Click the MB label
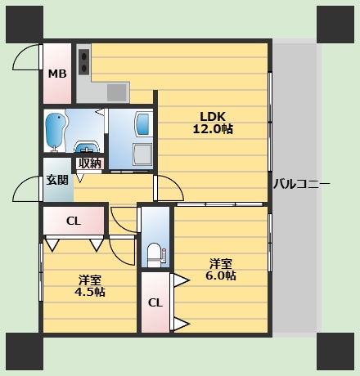pos(57,74)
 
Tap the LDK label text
pos(213,117)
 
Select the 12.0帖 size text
pos(213,129)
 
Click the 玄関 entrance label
pos(57,180)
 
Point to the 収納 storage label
pos(90,163)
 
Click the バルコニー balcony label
pos(302,184)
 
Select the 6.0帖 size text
pos(221,275)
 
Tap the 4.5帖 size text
pos(90,292)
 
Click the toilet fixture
pos(155,256)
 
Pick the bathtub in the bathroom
pos(56,132)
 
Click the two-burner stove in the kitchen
pos(84,61)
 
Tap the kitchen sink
pos(117,92)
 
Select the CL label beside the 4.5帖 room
pos(74,221)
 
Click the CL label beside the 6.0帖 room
pos(155,302)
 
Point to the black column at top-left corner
pos(25,25)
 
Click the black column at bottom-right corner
pos(335,351)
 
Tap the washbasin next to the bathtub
pos(87,147)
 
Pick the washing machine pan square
pos(142,154)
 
